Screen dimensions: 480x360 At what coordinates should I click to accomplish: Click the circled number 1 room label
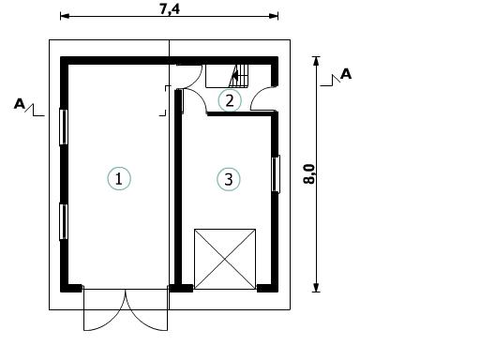tap(119, 179)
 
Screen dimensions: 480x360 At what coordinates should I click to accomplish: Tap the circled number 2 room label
tap(230, 100)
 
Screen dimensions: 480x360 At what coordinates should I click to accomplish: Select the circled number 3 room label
tap(229, 179)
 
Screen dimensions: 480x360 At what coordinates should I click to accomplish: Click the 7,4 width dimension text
tap(170, 9)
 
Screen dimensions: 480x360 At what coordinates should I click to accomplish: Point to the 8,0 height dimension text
tap(309, 174)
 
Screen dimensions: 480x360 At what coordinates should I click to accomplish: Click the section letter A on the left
tap(20, 104)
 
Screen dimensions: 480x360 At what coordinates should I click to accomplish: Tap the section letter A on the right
tap(346, 74)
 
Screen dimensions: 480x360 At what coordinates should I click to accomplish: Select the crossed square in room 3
tap(225, 259)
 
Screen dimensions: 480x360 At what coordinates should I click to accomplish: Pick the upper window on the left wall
tap(64, 127)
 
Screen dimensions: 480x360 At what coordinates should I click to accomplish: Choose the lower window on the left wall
tap(64, 222)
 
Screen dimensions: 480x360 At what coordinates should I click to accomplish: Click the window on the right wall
tap(276, 173)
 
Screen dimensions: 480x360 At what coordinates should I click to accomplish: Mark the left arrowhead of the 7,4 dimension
tap(65, 16)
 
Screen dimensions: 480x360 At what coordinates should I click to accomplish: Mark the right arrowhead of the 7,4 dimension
tap(274, 16)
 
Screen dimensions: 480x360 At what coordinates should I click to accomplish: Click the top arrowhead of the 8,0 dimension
tap(316, 61)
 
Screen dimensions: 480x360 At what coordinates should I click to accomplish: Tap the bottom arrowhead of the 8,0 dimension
tap(316, 288)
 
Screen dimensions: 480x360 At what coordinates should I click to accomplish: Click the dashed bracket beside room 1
tap(166, 100)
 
